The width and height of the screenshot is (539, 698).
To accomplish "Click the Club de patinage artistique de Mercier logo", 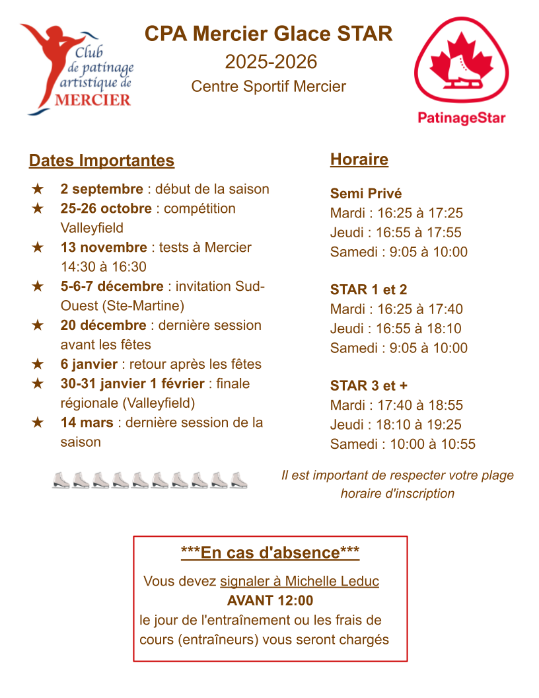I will pos(77,69).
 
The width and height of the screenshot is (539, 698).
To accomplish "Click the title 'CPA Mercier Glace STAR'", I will pos(269,34).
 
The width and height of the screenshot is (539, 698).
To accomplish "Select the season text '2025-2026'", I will pos(271,61).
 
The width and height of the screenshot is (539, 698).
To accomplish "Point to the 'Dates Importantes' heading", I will pos(102,161).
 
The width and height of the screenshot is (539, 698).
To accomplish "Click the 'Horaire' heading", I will pos(359,159).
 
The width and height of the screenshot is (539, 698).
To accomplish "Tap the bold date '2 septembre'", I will pos(102,189).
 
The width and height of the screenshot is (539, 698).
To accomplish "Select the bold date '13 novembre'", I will pos(104,247).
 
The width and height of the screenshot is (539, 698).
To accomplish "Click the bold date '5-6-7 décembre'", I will pos(112,286).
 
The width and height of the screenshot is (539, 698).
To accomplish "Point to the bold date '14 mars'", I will pos(87,422).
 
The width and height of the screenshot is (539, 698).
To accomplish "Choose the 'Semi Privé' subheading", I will pos(366,194).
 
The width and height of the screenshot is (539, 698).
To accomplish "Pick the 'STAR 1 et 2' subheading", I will pos(369,290).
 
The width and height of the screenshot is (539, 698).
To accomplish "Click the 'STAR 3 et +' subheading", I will pos(369,386).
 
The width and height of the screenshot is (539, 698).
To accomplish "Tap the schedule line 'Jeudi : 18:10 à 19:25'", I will pos(396,424).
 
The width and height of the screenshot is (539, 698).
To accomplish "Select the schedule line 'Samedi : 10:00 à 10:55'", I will pos(402,444).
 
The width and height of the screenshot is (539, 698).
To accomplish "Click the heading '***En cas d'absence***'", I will pos(270,553).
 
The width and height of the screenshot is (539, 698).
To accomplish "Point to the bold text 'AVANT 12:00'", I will pos(270,601).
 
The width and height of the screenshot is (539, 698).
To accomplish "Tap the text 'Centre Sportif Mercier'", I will pos(268,87).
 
